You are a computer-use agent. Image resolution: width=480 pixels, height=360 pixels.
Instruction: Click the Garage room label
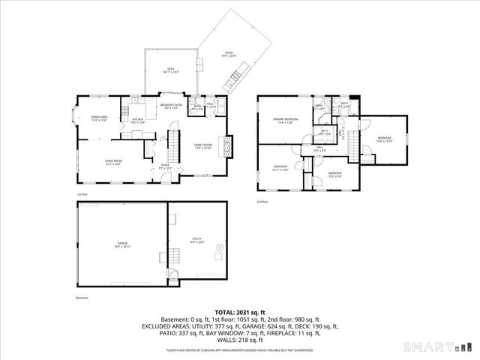coord(122,244)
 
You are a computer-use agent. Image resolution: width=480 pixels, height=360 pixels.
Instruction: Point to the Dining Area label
coord(100,118)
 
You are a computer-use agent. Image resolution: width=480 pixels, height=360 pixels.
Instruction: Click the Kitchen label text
coord(138,120)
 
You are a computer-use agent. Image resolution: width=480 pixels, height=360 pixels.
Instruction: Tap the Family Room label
coord(203,146)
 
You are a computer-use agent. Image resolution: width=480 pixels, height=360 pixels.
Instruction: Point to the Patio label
coord(228,54)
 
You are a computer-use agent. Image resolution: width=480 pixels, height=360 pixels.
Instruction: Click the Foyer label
coord(165,166)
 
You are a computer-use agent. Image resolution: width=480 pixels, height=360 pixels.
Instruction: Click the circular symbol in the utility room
coord(220,247)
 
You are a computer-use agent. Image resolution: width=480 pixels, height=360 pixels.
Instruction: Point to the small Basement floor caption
coord(82,298)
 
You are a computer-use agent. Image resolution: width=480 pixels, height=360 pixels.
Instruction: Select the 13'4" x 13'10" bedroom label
coord(384,139)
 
